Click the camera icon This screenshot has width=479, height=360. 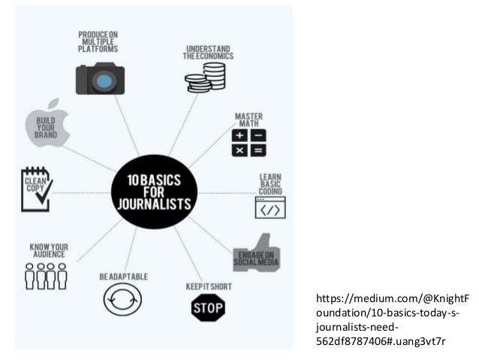(x=100, y=78)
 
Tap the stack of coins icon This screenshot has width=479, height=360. (x=206, y=77)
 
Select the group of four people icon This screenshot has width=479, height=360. (x=47, y=276)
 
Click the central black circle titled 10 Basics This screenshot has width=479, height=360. (x=155, y=192)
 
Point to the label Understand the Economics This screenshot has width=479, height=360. (x=209, y=52)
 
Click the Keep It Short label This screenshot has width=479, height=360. (x=208, y=286)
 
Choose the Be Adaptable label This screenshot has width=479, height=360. (x=123, y=277)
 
